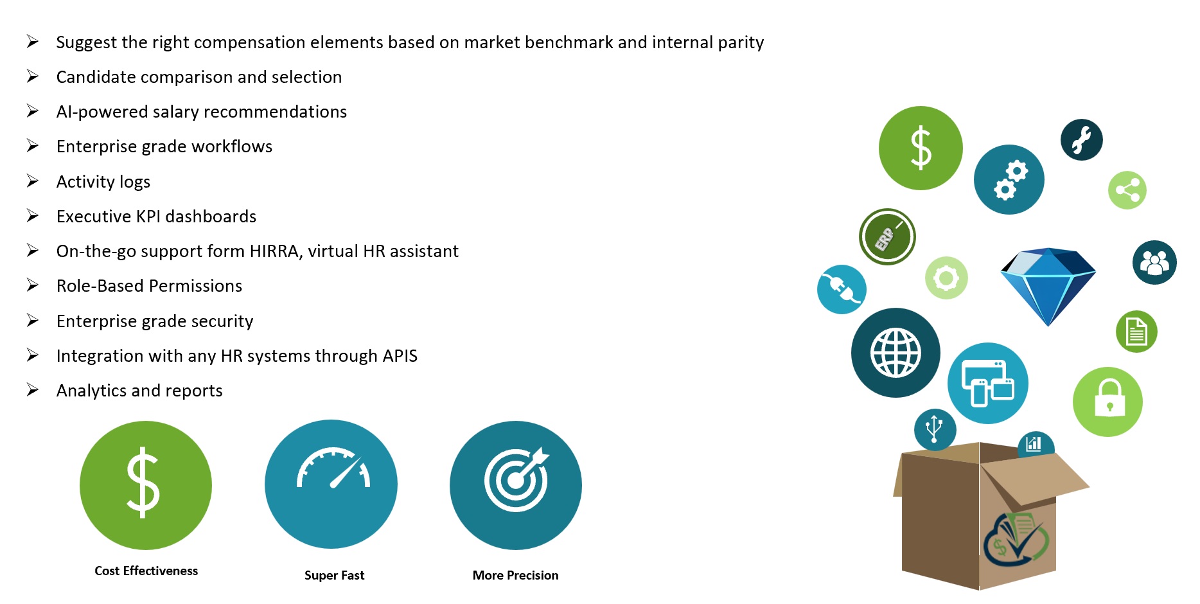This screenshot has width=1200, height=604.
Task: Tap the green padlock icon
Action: [1107, 402]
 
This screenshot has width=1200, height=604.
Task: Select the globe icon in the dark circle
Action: [896, 353]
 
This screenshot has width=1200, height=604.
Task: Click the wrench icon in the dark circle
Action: [1082, 140]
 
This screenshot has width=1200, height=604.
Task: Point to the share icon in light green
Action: [1127, 190]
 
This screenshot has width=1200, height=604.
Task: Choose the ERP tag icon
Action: [887, 236]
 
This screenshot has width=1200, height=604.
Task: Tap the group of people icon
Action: [1154, 262]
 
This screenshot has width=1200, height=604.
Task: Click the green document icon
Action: [1136, 332]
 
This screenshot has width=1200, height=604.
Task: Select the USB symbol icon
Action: [935, 429]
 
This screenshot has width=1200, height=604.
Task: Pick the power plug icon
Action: [842, 289]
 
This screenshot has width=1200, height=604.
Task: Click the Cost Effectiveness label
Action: [146, 571]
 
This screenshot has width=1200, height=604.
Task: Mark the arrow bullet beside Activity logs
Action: [33, 181]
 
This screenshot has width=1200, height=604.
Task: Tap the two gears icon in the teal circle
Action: [1009, 179]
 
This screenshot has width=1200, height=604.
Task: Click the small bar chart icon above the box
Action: [1034, 443]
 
